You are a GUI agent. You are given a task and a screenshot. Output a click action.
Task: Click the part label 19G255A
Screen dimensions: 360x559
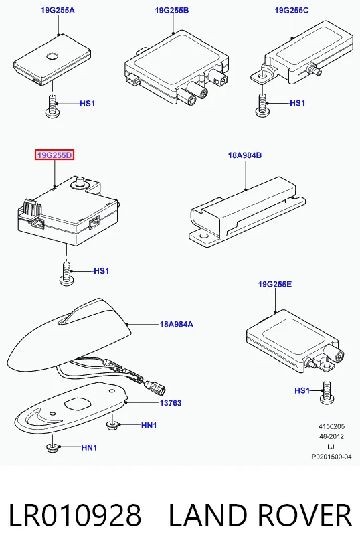[x=58, y=10]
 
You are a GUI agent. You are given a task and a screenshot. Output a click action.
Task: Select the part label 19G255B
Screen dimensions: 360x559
[x=172, y=10]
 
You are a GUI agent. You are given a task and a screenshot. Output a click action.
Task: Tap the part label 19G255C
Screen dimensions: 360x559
[x=292, y=10]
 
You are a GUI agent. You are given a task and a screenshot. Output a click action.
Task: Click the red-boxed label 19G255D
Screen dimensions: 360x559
[x=54, y=155]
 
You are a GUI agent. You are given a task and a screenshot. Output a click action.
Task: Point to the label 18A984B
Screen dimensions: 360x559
[x=245, y=155]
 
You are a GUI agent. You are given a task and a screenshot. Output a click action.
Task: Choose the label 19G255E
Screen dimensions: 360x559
[x=275, y=284]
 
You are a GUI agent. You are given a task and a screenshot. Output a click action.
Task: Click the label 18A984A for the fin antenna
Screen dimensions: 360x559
[x=177, y=325]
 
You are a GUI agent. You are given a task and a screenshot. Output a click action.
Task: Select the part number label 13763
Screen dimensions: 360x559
[x=171, y=403]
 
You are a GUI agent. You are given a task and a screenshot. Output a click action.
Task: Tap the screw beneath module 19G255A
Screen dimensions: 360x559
[x=52, y=106]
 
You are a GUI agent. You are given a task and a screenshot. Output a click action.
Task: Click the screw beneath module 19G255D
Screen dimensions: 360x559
[x=67, y=274]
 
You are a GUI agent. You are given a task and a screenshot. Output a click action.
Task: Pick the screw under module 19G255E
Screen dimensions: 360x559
[x=327, y=392]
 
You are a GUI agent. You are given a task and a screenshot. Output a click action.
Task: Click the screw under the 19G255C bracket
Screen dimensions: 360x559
[x=262, y=106]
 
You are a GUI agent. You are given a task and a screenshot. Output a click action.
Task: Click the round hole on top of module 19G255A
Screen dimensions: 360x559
[x=52, y=56]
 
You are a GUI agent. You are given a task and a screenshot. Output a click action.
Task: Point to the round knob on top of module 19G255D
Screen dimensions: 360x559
[x=79, y=182]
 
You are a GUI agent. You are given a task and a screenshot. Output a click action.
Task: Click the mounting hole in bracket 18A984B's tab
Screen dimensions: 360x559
[x=203, y=236]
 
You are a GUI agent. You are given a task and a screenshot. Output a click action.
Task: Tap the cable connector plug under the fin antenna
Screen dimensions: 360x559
[x=155, y=387]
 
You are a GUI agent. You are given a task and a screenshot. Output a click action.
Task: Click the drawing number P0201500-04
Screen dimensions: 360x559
[x=331, y=457]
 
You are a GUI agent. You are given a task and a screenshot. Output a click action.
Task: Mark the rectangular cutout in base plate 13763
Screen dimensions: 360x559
[x=78, y=404]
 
